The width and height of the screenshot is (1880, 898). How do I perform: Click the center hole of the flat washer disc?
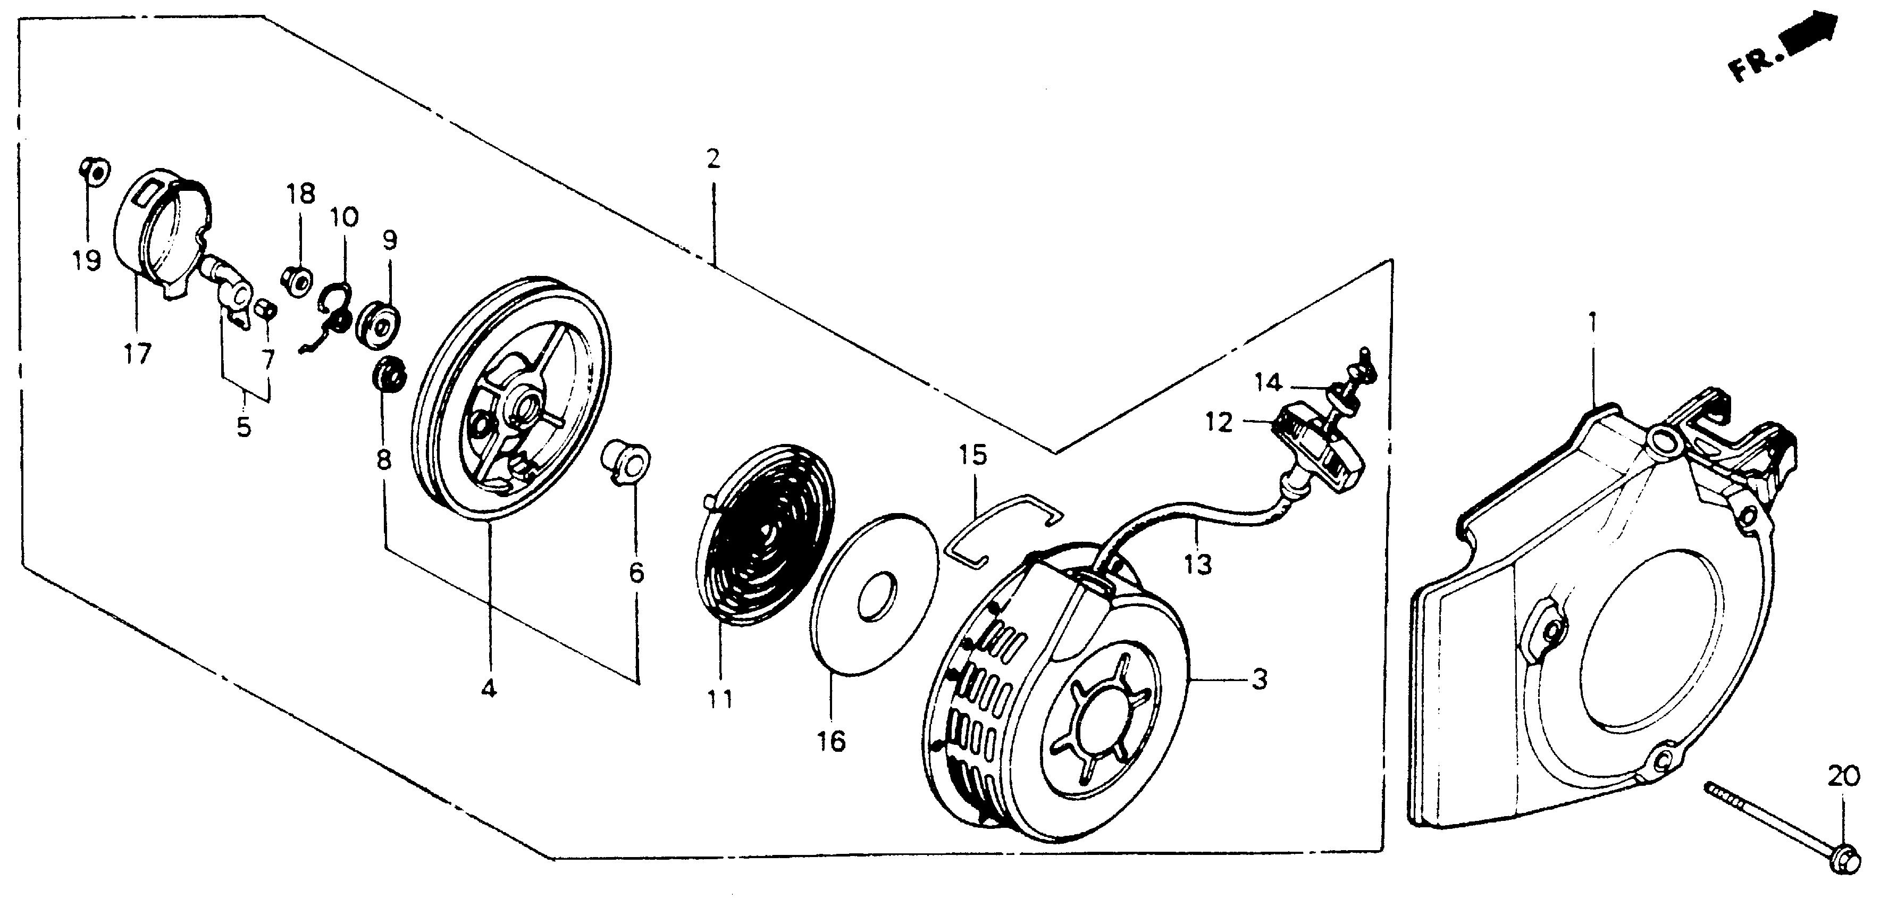[x=876, y=598]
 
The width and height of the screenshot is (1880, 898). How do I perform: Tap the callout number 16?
[x=831, y=742]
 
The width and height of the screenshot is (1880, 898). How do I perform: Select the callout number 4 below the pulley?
[x=488, y=689]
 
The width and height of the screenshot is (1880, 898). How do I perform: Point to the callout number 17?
[x=137, y=354]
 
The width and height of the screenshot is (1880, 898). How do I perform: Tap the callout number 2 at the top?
[x=713, y=158]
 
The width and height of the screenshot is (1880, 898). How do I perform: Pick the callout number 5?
[x=244, y=427]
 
